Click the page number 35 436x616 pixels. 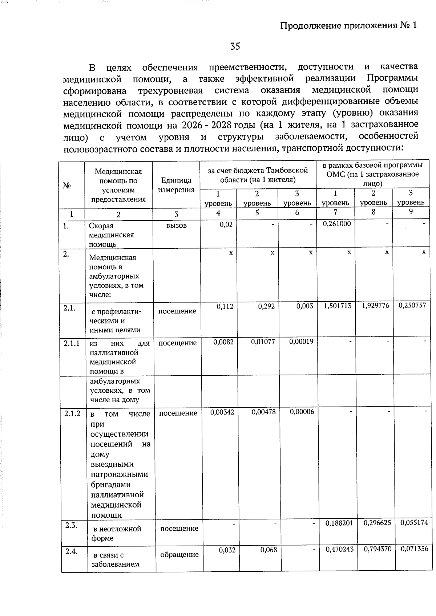point(235,46)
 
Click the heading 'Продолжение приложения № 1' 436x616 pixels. point(349,25)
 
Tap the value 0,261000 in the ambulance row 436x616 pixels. point(337,224)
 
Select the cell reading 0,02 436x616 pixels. point(226,224)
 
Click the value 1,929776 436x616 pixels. point(375,306)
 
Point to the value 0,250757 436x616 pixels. point(412,306)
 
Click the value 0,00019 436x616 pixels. point(301,341)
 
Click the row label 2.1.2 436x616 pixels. point(72,413)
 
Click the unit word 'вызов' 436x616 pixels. point(177,225)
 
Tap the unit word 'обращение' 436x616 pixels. point(179,554)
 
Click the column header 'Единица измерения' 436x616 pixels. point(176,185)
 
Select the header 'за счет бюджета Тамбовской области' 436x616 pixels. point(258,175)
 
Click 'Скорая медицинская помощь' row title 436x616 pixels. point(111,235)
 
